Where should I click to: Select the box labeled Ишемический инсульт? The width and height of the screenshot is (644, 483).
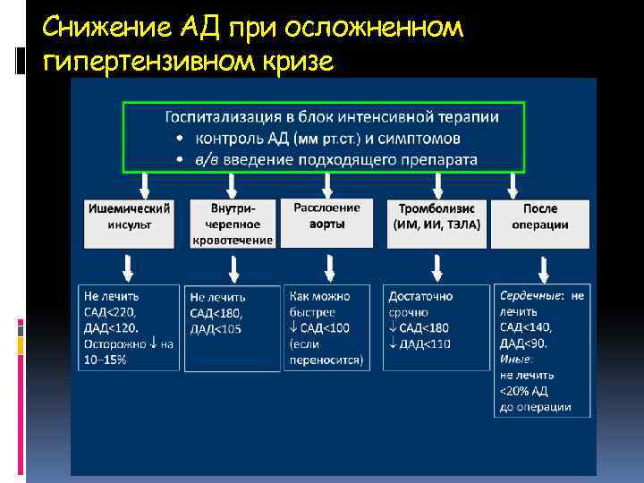[x=131, y=216]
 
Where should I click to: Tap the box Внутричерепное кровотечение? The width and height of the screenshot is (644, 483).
[x=233, y=224]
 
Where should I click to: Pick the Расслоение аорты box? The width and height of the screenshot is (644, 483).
[x=327, y=216]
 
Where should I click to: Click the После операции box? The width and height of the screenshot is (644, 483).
[x=540, y=216]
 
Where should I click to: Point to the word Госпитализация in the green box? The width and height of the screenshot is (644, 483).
[x=225, y=117]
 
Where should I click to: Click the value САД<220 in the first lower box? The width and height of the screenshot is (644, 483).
[x=111, y=310]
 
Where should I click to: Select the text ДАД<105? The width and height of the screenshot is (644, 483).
[x=216, y=328]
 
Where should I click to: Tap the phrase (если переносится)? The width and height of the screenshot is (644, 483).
[x=326, y=352]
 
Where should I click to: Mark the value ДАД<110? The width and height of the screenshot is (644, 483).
[x=419, y=344]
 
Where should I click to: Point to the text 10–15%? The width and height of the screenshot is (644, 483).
[x=105, y=360]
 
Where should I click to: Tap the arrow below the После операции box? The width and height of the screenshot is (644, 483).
[x=543, y=267]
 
